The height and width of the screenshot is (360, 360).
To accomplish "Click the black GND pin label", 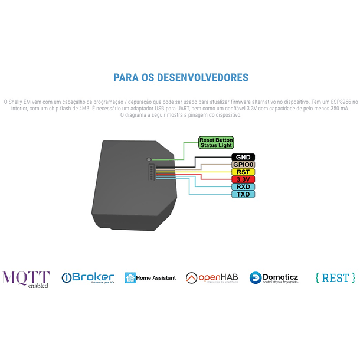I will [x=243, y=157].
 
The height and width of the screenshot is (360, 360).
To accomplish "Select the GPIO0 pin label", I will [x=243, y=165].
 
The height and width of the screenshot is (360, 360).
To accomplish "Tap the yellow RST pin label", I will [x=243, y=172].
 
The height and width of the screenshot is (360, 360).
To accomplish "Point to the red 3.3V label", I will [x=243, y=179].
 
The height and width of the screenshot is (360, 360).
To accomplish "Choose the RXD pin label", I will [x=243, y=186].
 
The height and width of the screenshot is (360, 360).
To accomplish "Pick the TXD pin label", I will [x=243, y=194].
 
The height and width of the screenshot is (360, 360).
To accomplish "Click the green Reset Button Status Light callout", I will [x=216, y=142].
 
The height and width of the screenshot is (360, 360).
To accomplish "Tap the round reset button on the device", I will [x=149, y=159].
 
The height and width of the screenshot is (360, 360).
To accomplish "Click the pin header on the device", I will [x=152, y=174].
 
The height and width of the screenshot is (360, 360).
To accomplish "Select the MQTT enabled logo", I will [x=26, y=279].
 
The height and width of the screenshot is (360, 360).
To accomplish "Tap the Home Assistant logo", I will [x=150, y=277].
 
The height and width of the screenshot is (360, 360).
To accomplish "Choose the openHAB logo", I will [x=212, y=277].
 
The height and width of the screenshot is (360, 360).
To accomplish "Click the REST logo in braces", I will [x=335, y=277].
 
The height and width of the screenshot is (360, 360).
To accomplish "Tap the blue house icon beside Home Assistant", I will [x=130, y=277].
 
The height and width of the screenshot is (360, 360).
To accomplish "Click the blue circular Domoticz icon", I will [x=256, y=277].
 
